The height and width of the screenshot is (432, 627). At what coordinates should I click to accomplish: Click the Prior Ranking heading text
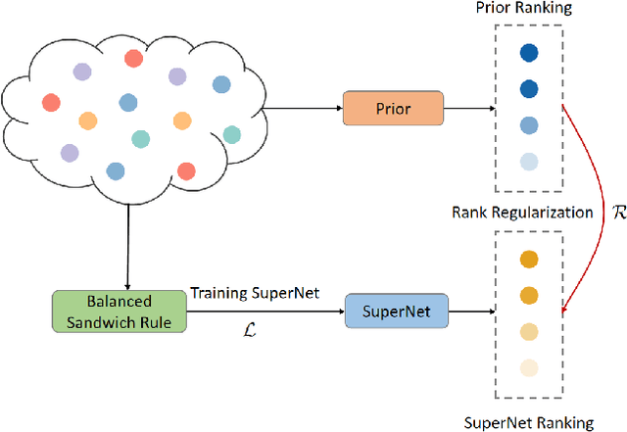(x=530, y=9)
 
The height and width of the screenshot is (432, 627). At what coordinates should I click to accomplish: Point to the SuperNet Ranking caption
(x=530, y=422)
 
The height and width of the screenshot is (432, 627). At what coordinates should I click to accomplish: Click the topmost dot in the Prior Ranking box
(x=530, y=54)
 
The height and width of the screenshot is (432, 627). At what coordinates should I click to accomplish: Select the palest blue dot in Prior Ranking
(x=530, y=162)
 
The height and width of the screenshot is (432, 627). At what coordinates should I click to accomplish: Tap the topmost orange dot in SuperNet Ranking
(x=530, y=260)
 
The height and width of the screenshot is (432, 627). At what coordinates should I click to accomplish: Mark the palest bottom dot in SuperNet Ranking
(x=530, y=368)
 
